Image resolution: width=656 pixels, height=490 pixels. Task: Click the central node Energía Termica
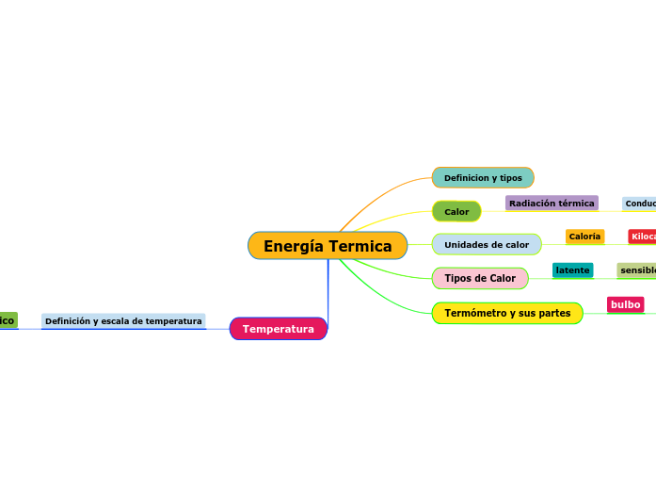click(328, 246)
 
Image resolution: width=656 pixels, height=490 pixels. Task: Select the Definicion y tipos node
click(483, 177)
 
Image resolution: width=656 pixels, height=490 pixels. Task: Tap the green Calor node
click(456, 211)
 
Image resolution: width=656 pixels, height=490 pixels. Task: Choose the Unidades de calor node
click(487, 245)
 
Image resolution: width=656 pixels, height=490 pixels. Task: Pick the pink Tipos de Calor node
click(480, 278)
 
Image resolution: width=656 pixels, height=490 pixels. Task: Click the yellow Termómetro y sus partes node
click(507, 313)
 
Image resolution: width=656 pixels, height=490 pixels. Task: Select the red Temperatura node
click(279, 329)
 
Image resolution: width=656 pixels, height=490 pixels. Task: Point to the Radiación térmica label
click(552, 203)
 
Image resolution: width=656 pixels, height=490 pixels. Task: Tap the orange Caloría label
click(584, 237)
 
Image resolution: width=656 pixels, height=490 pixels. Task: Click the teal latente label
click(572, 270)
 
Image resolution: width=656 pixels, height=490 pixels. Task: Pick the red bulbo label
click(625, 304)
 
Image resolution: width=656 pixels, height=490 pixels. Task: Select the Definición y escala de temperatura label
click(123, 321)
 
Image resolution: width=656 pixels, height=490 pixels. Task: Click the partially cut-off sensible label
click(637, 270)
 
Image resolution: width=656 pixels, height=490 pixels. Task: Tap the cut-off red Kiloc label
click(642, 237)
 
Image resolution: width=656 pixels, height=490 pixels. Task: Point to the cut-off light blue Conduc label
click(639, 203)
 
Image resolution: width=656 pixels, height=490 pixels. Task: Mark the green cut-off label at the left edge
click(8, 321)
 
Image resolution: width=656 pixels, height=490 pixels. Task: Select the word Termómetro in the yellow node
click(476, 313)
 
